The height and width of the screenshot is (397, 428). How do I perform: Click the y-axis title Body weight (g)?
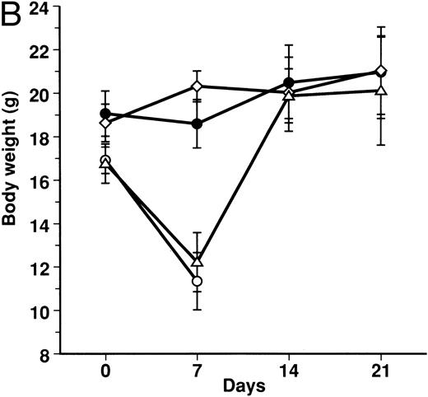pos(12,180)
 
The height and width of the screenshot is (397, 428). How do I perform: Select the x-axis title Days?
pos(241,385)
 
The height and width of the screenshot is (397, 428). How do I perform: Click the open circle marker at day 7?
pos(197,282)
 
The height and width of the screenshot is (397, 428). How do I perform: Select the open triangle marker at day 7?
pos(197,260)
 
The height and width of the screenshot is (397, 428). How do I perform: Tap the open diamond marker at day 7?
pos(197,86)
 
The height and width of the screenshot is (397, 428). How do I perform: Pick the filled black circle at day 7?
pos(197,124)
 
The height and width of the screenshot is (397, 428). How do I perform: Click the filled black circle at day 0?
pos(105,113)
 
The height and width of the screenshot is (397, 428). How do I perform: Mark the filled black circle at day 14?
pos(288,82)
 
